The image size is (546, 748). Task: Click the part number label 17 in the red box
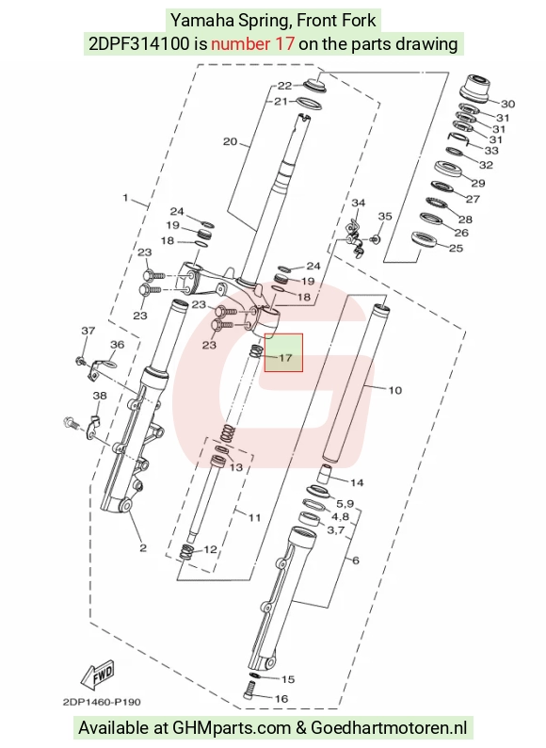click(x=285, y=357)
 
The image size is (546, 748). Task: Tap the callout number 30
click(x=507, y=104)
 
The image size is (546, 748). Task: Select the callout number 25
click(x=456, y=248)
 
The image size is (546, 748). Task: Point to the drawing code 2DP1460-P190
click(x=102, y=702)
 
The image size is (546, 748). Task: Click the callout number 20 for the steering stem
click(x=230, y=141)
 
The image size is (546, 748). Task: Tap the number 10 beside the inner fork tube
click(x=394, y=390)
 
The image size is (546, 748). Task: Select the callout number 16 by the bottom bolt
click(x=281, y=699)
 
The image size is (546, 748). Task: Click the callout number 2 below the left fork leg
click(x=143, y=547)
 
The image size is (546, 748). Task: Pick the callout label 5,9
click(x=345, y=503)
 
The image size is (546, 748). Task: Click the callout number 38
click(x=99, y=396)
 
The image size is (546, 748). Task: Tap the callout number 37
click(x=88, y=330)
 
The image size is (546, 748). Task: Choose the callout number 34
click(x=358, y=203)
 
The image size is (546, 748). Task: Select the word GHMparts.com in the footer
click(x=232, y=728)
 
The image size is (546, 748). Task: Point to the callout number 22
click(x=284, y=86)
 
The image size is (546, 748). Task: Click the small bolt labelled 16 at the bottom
click(x=249, y=691)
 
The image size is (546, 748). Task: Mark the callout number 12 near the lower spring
click(x=210, y=549)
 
